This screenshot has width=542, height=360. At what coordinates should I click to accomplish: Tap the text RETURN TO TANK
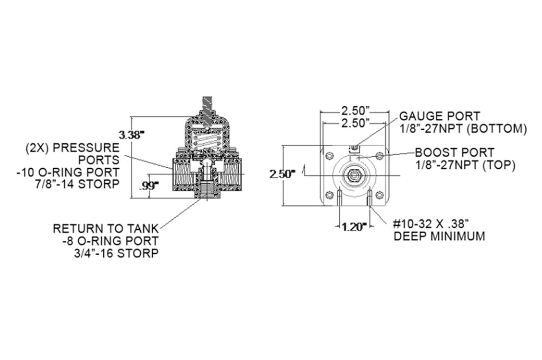105,229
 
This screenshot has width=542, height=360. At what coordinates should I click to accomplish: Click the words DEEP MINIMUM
439,236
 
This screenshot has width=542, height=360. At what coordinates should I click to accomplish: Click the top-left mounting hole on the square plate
330,155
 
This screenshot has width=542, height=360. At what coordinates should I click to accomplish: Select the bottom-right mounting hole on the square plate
378,195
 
